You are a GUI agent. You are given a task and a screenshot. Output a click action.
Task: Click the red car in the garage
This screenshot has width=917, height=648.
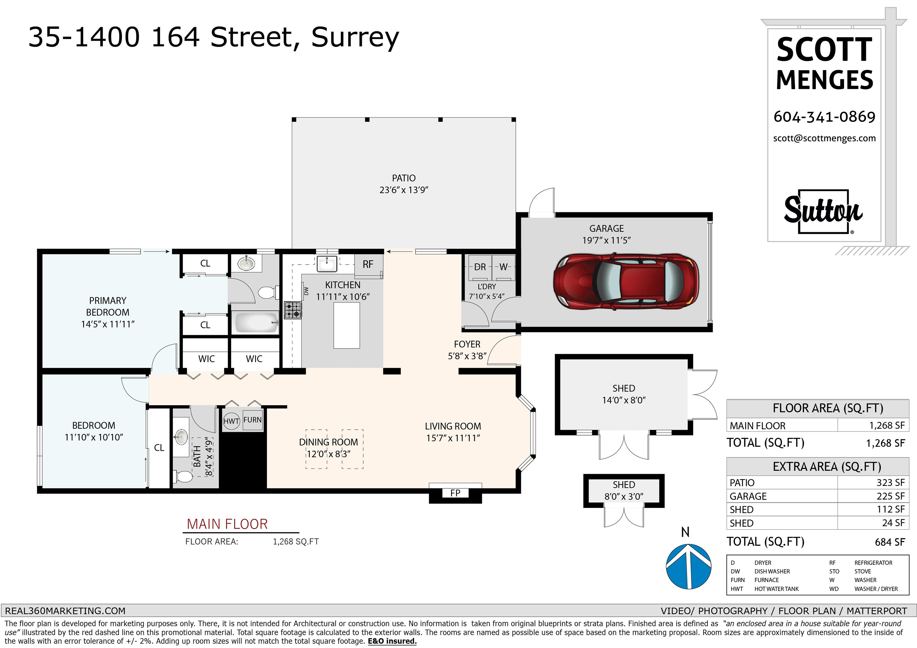pos(626,281)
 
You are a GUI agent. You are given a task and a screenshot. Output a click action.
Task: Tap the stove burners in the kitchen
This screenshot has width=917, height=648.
pos(293,310)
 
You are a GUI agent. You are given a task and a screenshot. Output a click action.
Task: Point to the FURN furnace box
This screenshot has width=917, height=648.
pos(253,420)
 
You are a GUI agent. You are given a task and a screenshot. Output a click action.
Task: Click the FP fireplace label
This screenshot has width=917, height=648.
pos(455,493)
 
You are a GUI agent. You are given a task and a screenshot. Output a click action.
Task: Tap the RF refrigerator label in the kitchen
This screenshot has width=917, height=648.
pos(368,264)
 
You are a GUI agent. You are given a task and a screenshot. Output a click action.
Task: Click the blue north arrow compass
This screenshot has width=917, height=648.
pos(689,566)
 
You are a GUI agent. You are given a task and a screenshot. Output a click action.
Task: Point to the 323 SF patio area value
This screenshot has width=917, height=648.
pos(890,483)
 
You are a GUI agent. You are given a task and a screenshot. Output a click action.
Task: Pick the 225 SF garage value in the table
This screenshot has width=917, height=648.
pos(890,496)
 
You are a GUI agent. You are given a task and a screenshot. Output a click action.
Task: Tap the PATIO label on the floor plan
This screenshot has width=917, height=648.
pos(404,178)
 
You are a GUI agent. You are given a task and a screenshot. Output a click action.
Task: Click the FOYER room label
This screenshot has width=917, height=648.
pos(467,344)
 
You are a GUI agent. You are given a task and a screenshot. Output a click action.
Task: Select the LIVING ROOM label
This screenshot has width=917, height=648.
pos(453,426)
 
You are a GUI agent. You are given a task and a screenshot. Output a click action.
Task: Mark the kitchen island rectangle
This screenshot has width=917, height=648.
pos(347,325)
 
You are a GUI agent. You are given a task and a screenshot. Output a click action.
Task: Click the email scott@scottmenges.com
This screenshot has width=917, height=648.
pos(824,138)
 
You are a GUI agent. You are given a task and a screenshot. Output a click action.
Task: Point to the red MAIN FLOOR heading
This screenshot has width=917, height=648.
pos(227,524)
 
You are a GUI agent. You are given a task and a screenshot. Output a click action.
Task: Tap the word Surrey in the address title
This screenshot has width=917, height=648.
pos(355,38)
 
